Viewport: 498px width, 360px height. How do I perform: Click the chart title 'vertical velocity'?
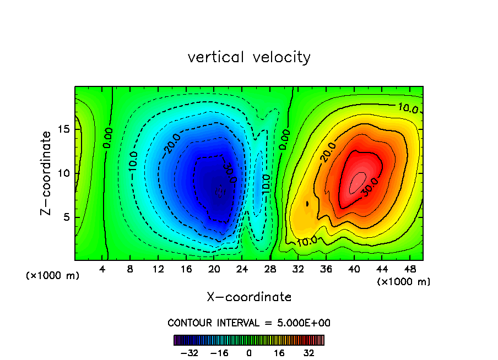click(249, 57)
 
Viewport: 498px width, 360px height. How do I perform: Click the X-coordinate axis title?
click(249, 297)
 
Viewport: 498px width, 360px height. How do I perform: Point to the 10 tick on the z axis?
click(64, 173)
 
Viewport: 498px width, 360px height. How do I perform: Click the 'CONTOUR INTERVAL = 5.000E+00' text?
click(249, 323)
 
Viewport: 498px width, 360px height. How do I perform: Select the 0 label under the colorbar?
click(249, 353)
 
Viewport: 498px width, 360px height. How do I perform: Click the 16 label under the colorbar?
click(279, 353)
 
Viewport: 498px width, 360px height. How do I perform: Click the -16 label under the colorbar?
click(219, 353)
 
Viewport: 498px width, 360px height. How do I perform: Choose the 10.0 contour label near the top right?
click(407, 108)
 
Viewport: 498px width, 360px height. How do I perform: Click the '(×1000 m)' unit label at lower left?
click(53, 275)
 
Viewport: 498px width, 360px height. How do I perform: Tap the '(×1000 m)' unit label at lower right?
click(404, 282)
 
